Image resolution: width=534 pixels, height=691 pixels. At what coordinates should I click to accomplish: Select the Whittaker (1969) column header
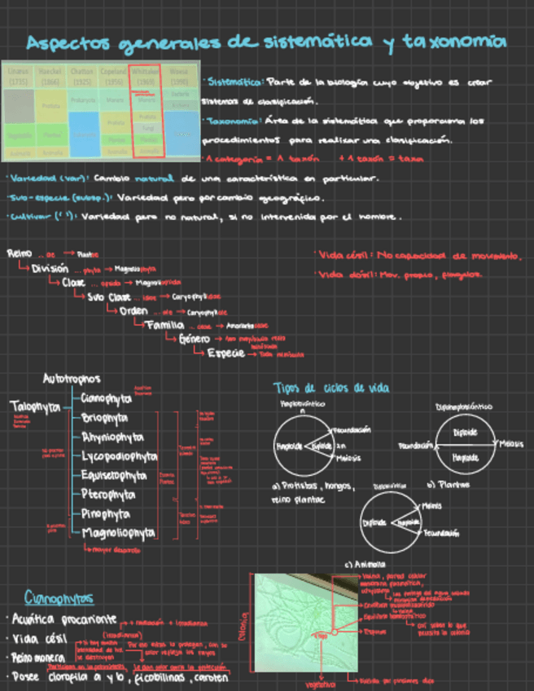(147, 76)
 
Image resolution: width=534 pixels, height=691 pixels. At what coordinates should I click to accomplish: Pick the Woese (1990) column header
(180, 76)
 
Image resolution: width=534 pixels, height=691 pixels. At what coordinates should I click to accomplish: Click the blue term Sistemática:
(234, 82)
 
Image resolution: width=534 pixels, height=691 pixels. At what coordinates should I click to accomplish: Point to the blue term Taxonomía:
(230, 121)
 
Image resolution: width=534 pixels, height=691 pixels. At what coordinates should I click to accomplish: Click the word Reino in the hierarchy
(20, 253)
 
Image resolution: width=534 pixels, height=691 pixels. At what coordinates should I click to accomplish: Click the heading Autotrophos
(72, 379)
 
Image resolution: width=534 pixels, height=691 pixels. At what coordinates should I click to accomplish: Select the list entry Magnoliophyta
(118, 533)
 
